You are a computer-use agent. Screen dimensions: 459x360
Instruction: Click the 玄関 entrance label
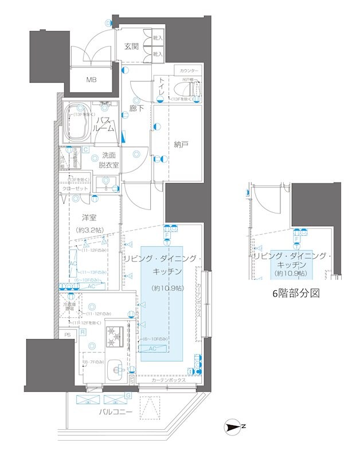point(131,46)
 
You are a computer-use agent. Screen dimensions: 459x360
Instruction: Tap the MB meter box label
point(92,80)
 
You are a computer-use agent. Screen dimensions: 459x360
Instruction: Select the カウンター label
point(189,70)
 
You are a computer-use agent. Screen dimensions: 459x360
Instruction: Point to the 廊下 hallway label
point(136,107)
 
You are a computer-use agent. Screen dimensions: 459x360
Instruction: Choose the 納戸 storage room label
point(181,145)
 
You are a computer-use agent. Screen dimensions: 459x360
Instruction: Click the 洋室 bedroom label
point(88,218)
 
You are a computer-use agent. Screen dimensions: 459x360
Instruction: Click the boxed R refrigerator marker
point(83,332)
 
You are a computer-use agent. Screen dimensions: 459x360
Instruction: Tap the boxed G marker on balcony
point(128,395)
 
